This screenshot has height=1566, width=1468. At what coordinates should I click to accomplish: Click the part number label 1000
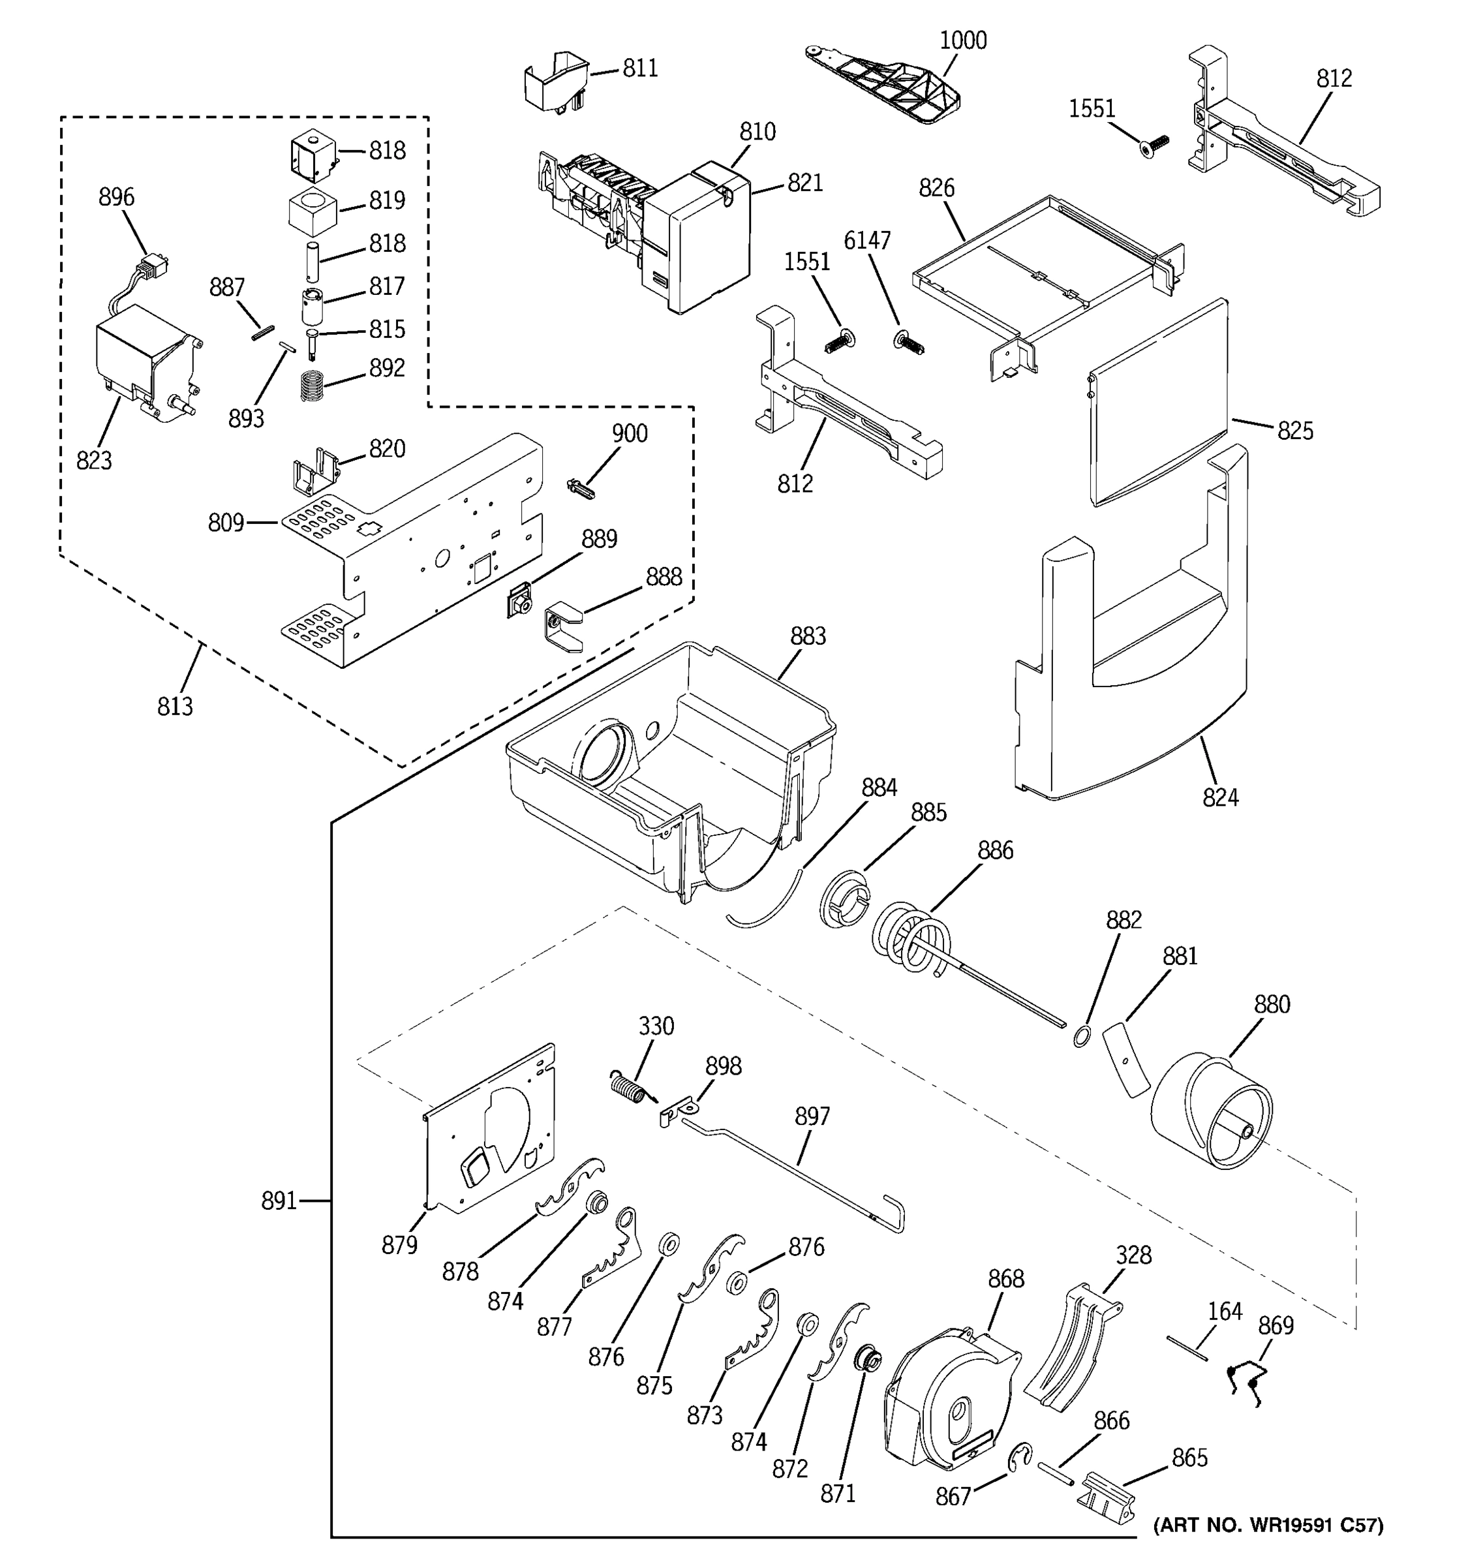(x=962, y=40)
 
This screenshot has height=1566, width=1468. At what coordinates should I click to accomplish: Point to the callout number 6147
(x=867, y=240)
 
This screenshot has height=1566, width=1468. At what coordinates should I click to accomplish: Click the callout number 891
(x=279, y=1202)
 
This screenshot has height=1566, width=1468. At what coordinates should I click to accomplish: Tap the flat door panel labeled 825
(x=1157, y=402)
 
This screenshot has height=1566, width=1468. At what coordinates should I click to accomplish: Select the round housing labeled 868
(x=949, y=1398)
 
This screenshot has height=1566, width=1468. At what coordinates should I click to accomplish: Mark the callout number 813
(x=175, y=707)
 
